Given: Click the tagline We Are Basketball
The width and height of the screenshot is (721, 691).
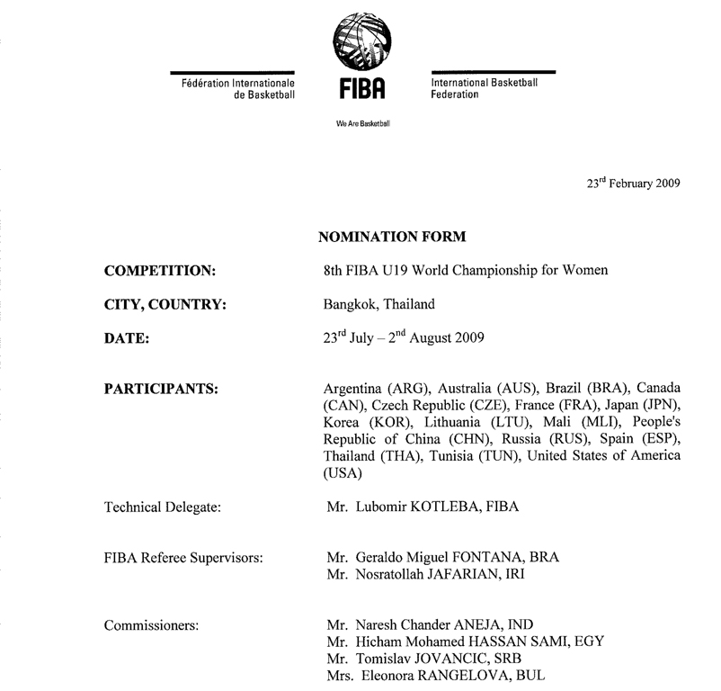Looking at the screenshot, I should [361, 123].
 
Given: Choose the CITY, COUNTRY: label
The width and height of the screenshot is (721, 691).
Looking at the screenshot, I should [165, 304].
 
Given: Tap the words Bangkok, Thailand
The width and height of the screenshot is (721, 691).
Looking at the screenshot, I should [378, 304].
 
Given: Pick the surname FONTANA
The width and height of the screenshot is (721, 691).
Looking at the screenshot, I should [494, 557].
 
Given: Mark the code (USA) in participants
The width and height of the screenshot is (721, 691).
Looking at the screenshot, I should [342, 472].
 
